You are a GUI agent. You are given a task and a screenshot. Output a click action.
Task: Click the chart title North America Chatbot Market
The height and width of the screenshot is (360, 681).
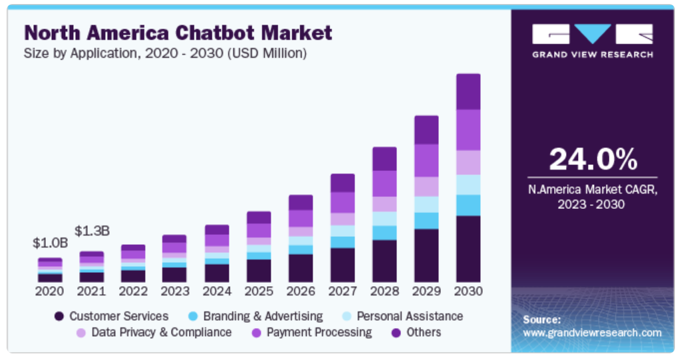click(x=178, y=32)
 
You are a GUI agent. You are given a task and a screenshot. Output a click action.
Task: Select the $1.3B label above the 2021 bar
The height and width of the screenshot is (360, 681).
click(x=92, y=231)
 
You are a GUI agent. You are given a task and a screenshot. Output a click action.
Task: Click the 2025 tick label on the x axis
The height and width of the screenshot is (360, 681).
click(x=259, y=291)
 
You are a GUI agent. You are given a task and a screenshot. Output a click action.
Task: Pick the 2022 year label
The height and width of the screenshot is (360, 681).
click(x=133, y=291)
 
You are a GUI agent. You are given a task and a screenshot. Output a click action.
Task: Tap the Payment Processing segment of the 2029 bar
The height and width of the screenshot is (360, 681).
click(x=426, y=160)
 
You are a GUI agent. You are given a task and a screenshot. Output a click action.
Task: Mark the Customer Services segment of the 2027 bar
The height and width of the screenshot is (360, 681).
click(x=342, y=265)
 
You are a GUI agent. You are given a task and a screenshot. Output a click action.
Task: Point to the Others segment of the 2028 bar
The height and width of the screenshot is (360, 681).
click(x=384, y=158)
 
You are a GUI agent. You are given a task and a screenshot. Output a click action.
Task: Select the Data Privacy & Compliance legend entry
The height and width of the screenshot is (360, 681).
click(x=154, y=332)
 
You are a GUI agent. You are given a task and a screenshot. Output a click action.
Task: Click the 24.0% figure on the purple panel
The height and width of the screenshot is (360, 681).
click(x=593, y=160)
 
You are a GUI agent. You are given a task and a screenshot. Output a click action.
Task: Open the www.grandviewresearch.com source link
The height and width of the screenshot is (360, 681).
click(x=592, y=333)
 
